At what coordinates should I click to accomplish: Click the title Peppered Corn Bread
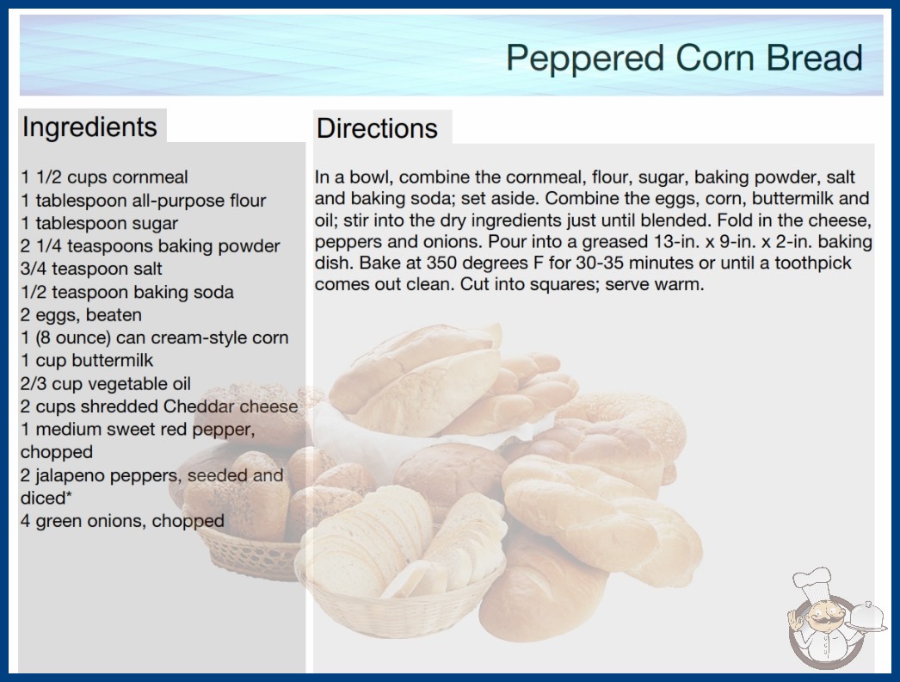(x=684, y=59)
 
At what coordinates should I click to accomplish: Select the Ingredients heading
(x=89, y=127)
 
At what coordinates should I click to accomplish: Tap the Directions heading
(x=377, y=128)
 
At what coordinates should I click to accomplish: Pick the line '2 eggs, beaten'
(x=81, y=315)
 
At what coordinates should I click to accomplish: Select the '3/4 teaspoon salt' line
(x=91, y=269)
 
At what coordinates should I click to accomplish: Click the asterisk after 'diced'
(x=69, y=494)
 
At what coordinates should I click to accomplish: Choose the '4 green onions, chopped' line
(x=122, y=521)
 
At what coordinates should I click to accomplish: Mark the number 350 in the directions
(x=441, y=263)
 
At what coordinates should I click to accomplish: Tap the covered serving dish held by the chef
(x=867, y=617)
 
